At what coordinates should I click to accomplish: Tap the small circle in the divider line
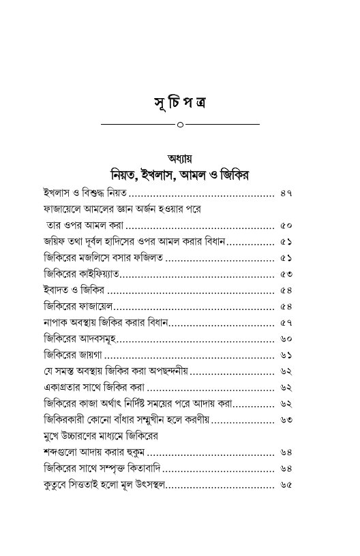click(180, 125)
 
